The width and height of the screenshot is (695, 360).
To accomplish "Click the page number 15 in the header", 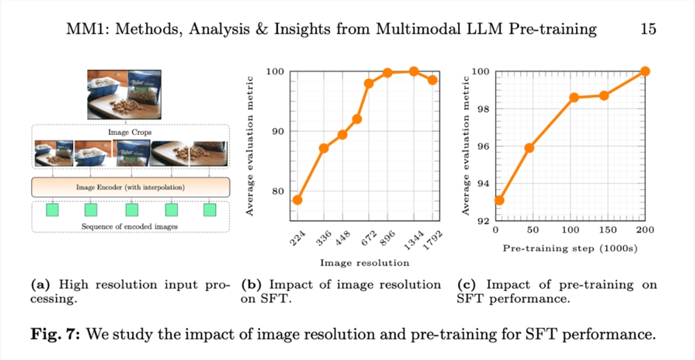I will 648,29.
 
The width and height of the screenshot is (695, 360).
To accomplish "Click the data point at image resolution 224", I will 297,199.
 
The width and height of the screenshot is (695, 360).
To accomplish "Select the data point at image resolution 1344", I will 414,72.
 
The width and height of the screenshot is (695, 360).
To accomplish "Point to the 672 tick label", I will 364,238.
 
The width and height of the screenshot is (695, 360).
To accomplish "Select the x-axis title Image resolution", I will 364,263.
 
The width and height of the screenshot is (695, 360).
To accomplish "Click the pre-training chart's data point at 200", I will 645,71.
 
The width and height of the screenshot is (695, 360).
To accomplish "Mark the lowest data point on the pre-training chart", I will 498,200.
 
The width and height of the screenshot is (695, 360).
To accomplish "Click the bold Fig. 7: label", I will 56,334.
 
